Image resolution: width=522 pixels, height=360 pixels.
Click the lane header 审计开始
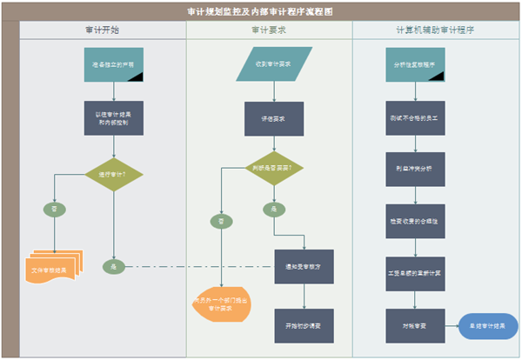coord(103,30)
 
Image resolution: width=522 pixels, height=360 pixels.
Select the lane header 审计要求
coord(269,30)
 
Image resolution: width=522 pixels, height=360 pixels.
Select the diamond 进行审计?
coord(114,173)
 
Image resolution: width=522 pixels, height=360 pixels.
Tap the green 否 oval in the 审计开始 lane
coord(54,210)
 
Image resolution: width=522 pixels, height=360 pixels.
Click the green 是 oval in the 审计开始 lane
coord(114,266)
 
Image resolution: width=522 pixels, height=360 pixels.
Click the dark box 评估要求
coord(274,117)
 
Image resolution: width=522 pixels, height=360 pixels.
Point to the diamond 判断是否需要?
coord(274,167)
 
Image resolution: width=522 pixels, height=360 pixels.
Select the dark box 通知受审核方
coord(304,266)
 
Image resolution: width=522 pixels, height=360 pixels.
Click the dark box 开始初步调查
coord(304,324)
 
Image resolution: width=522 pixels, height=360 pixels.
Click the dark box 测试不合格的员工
coord(414,117)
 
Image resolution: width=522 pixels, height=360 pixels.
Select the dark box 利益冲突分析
coord(414,169)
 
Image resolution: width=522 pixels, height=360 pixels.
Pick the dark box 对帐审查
coord(414,324)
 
